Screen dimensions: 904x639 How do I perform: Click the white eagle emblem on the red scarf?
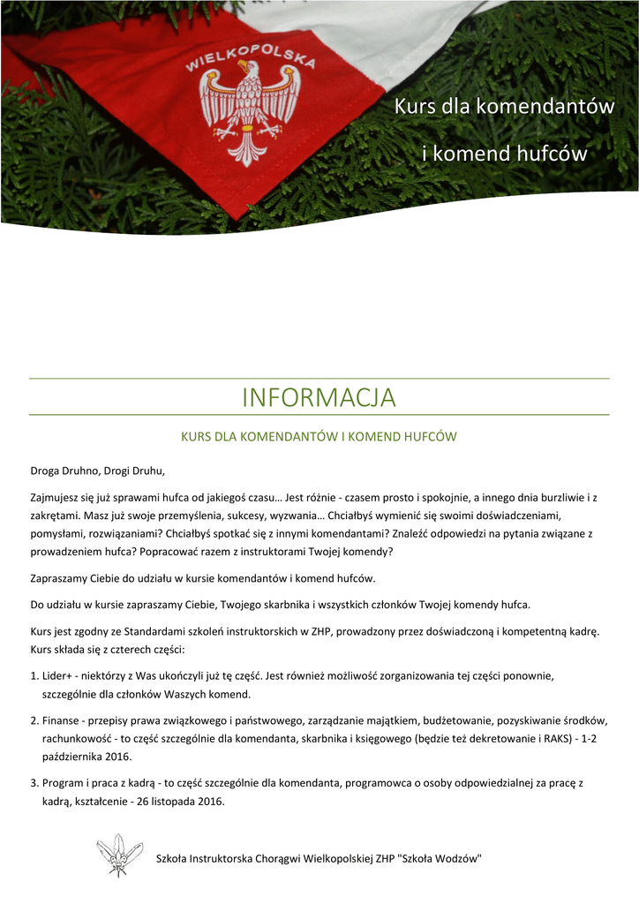(x=248, y=111)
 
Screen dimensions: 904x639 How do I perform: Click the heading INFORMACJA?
(x=319, y=397)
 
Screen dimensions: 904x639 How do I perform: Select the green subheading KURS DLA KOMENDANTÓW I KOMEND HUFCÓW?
(x=319, y=436)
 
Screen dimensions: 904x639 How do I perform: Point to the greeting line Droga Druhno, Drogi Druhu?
(x=98, y=469)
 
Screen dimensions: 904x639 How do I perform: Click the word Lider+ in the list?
(x=58, y=676)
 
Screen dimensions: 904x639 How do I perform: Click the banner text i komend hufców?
(x=504, y=154)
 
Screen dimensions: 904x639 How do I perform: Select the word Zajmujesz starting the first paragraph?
(x=56, y=498)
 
